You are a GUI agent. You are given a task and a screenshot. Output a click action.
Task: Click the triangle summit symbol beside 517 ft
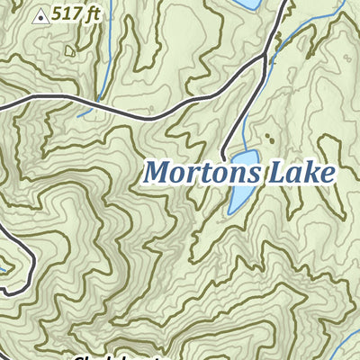point(40,15)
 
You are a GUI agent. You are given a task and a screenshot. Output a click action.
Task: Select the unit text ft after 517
point(91,14)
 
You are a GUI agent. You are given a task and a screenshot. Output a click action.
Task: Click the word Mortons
point(201,171)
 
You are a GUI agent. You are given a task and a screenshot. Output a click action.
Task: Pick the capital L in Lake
point(273,171)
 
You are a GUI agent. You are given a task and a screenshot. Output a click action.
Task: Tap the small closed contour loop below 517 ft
point(70,51)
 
